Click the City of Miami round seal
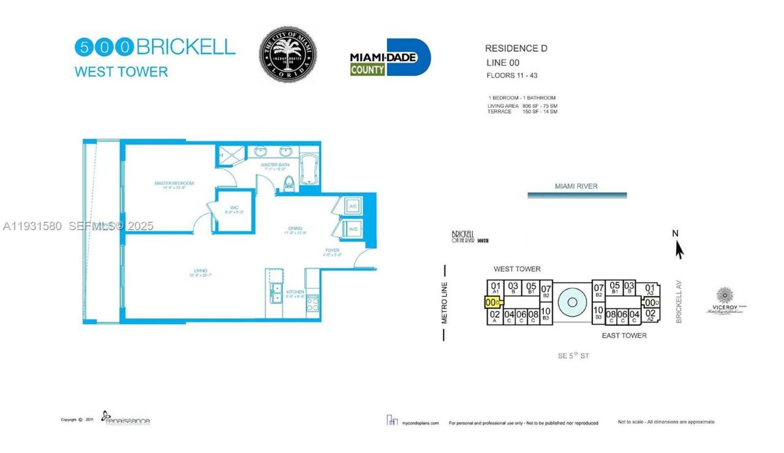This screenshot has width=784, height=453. (287, 54)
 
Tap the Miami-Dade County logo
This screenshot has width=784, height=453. (390, 58)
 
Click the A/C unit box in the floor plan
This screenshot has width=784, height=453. (353, 206)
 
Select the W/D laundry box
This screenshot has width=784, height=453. (353, 229)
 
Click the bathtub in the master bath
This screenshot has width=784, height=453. (308, 167)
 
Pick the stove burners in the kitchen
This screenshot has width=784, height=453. (312, 303)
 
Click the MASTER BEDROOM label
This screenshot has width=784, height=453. (174, 183)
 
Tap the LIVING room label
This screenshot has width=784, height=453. (201, 271)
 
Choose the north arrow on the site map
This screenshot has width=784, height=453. (678, 248)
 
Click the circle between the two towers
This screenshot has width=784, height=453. (573, 302)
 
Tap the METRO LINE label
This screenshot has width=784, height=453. (445, 302)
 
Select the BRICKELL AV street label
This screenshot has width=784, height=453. (679, 302)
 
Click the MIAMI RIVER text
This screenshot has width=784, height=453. (576, 186)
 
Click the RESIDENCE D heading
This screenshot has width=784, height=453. (516, 48)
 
